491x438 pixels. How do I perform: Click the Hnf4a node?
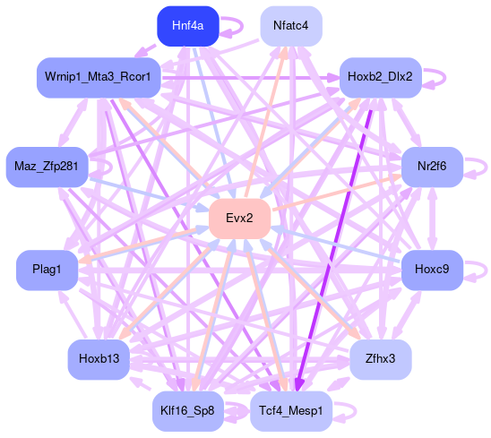(x=188, y=26)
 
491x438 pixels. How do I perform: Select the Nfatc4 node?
(x=291, y=26)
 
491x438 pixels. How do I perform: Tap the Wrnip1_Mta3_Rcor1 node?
(x=99, y=77)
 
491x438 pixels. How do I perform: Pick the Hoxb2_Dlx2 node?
(x=381, y=77)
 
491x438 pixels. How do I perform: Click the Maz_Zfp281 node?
(x=47, y=167)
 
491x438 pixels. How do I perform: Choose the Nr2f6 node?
(x=432, y=167)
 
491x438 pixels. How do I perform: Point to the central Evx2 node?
(x=239, y=219)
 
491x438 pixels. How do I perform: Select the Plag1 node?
(x=47, y=271)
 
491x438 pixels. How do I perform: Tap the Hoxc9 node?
(x=432, y=271)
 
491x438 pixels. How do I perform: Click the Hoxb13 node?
(x=99, y=359)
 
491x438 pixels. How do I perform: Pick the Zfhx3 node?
(x=381, y=359)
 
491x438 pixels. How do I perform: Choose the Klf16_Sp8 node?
(x=188, y=411)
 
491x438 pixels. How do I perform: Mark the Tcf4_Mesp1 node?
(x=291, y=411)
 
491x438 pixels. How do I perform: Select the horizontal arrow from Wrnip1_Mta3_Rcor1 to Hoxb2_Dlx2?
(x=250, y=77)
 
